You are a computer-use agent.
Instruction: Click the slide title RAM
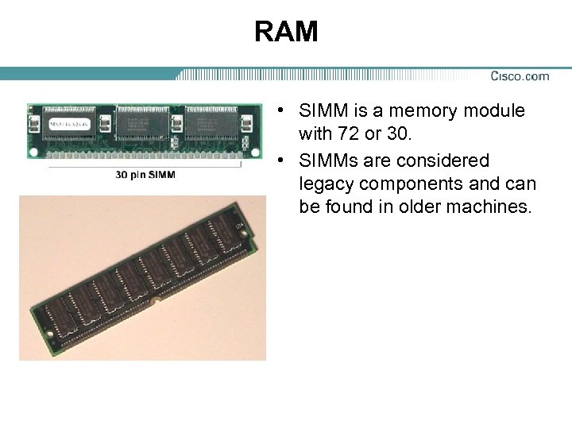286,32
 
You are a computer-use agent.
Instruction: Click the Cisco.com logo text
520,76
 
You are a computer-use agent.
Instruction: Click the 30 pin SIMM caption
145,174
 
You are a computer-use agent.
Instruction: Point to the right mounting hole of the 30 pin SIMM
254,123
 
